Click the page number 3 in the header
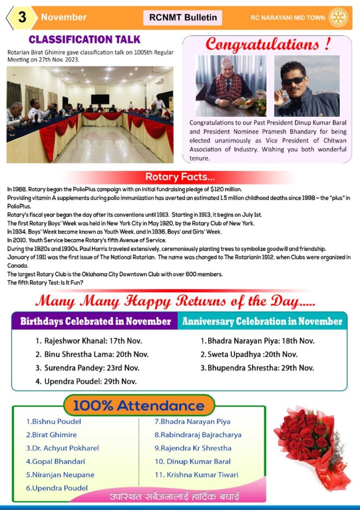21,17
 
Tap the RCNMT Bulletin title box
183,17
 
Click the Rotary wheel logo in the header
338,17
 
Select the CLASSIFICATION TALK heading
85,39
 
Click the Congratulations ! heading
268,44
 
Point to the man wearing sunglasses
306,86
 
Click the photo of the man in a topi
231,86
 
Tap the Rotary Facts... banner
180,177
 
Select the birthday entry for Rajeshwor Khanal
89,341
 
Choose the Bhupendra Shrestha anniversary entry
257,368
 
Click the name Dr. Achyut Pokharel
62,448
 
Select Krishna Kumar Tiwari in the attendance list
196,475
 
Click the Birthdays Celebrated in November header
95,321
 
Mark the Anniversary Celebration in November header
262,321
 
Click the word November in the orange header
64,17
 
